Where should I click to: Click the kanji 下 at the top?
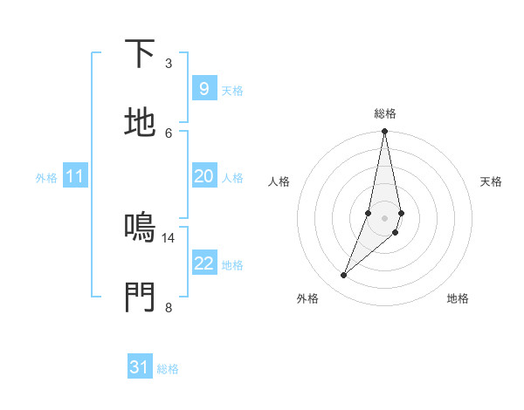tap(140, 54)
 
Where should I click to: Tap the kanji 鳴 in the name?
tap(140, 227)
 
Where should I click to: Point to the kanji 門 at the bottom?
tap(140, 296)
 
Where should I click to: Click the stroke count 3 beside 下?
tap(169, 64)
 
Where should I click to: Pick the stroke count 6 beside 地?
tap(169, 133)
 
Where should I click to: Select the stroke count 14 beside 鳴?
tap(169, 237)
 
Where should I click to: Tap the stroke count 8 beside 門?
tap(169, 306)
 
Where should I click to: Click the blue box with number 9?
tap(203, 89)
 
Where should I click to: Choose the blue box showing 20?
tap(203, 176)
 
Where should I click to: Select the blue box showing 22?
tap(203, 263)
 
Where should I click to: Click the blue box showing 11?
tap(75, 176)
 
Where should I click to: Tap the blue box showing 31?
tap(140, 367)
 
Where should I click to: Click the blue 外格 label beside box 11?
tap(46, 178)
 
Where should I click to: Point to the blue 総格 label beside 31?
tap(168, 369)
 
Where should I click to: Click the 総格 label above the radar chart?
tap(385, 113)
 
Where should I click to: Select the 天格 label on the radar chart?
tap(492, 181)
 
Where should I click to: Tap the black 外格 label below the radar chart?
tap(307, 298)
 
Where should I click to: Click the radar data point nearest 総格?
tap(384, 132)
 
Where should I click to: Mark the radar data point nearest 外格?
tap(343, 276)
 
